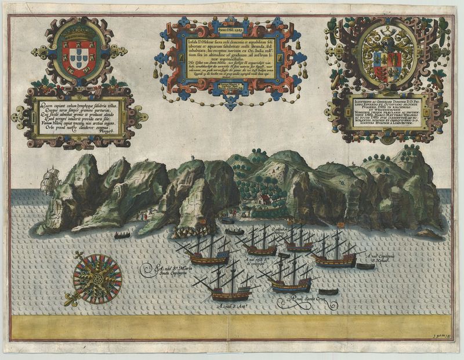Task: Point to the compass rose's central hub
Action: click(97, 279)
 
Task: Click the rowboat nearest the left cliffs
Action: click(122, 235)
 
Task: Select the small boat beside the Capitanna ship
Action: click(365, 267)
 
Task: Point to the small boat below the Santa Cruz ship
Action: click(328, 292)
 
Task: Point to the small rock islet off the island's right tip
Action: click(430, 233)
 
